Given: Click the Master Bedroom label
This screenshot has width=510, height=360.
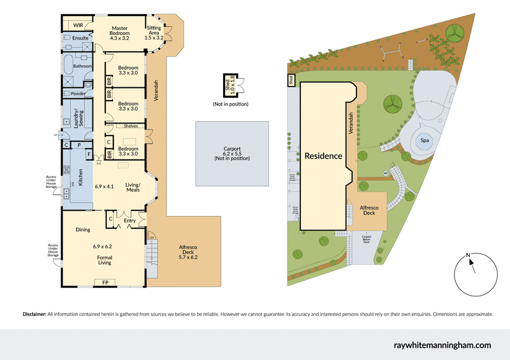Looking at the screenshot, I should tap(120, 32).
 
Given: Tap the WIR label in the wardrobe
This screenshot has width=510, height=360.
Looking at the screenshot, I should tap(79, 25).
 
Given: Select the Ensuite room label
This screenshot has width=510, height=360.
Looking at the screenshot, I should tap(80, 38).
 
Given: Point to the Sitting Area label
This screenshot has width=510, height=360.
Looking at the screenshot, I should tap(154, 33).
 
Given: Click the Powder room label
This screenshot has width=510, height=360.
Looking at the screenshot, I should tap(78, 94).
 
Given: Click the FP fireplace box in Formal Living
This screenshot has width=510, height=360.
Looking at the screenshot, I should tap(102, 281).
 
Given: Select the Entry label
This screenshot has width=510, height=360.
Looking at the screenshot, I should tap(130, 221).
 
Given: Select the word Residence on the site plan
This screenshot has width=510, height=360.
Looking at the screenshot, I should tap(323, 155).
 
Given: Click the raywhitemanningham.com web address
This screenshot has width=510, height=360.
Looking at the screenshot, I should tap(440, 345).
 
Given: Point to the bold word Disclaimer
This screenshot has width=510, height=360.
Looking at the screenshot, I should tap(34, 314).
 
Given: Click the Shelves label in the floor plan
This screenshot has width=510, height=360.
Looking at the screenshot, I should tap(132, 126).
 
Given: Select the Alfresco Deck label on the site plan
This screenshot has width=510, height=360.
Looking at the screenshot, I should tap(369, 212).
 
